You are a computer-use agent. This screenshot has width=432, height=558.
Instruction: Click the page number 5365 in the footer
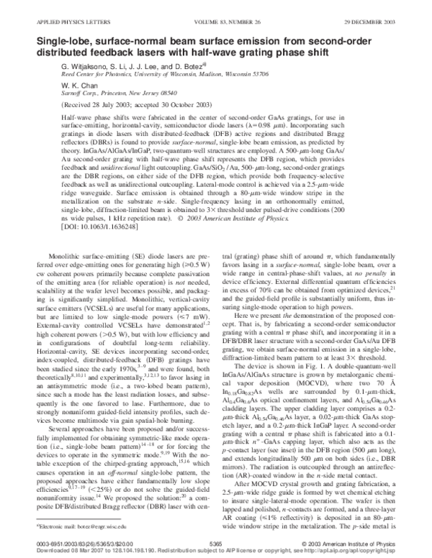tap(215, 545)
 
